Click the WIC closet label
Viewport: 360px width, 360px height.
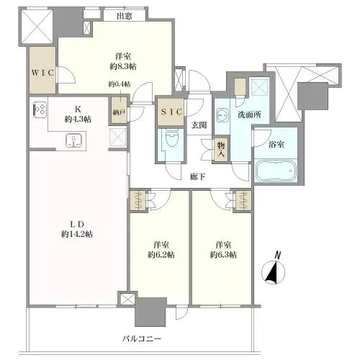42,73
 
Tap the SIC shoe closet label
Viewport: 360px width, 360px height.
171,112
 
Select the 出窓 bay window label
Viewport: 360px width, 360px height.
125,16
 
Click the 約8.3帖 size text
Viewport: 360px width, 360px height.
123,66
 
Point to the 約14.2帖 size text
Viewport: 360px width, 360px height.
77,234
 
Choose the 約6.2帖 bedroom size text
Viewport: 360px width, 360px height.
161,255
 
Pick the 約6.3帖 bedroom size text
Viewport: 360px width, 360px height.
223,255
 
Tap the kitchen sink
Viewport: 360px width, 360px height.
74,140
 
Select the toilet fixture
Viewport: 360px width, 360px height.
171,139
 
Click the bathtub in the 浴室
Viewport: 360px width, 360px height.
276,171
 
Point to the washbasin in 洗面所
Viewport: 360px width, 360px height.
222,115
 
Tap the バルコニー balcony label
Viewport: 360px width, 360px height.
142,339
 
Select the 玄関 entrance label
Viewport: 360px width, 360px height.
199,125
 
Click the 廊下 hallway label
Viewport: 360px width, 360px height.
198,177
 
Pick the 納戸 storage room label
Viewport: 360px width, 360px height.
120,112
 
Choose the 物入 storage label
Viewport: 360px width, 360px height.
221,149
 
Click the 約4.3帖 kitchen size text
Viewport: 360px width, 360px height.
78,119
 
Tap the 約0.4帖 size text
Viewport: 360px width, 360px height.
120,84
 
